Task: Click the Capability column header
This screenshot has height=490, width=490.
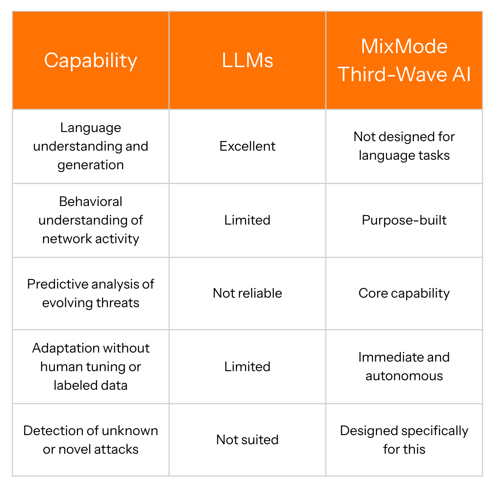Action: pyautogui.click(x=91, y=60)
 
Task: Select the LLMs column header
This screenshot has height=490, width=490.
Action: pyautogui.click(x=247, y=60)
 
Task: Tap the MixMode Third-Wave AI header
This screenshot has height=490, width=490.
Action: pyautogui.click(x=404, y=60)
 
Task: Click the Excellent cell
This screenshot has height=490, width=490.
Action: pyautogui.click(x=247, y=146)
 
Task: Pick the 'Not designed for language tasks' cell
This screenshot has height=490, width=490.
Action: pyautogui.click(x=404, y=146)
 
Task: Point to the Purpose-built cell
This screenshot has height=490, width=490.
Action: pyautogui.click(x=404, y=220)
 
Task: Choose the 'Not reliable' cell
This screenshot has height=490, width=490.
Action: pyautogui.click(x=247, y=293)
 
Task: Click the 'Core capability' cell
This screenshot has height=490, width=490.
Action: pyautogui.click(x=404, y=293)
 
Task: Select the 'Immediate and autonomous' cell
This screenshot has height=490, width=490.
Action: pyautogui.click(x=404, y=367)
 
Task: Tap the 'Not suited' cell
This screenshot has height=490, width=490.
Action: pyautogui.click(x=247, y=440)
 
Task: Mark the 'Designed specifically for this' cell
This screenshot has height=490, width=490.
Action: pyautogui.click(x=404, y=440)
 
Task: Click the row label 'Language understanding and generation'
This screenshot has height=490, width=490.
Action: pyautogui.click(x=91, y=146)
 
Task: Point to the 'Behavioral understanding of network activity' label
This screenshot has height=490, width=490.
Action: pyautogui.click(x=91, y=220)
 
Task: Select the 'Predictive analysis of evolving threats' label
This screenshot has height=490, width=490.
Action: pyautogui.click(x=91, y=293)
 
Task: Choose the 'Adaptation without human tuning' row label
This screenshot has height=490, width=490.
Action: pyautogui.click(x=91, y=367)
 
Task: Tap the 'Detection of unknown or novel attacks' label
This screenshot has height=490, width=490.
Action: pyautogui.click(x=91, y=440)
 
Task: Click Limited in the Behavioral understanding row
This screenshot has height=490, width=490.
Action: pyautogui.click(x=247, y=220)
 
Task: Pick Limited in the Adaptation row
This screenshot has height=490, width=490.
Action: pyautogui.click(x=247, y=367)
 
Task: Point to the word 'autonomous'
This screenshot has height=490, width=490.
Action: pyautogui.click(x=404, y=376)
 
